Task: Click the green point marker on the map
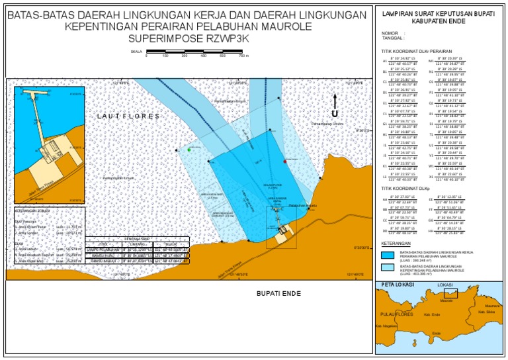(189, 150)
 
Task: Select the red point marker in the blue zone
(285, 161)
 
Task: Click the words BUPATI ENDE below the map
(278, 292)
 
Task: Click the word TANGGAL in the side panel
(392, 38)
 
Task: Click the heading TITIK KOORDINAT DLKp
(405, 189)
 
